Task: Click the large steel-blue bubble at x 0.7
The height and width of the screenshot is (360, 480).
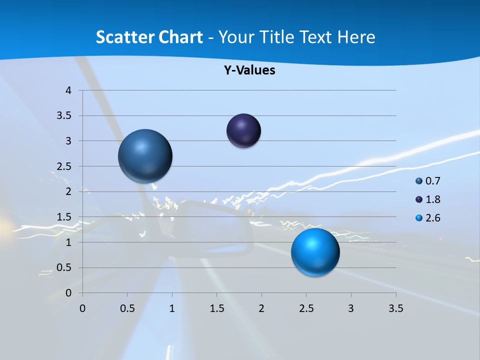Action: (145, 156)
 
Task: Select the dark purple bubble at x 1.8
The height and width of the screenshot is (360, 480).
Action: (243, 131)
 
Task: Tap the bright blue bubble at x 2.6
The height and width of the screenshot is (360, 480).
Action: (315, 252)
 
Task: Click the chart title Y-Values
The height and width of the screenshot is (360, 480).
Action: (249, 70)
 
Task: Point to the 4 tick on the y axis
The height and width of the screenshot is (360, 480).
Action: (68, 90)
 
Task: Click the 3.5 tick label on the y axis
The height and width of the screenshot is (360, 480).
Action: (64, 116)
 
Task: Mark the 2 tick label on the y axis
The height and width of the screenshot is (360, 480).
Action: (68, 191)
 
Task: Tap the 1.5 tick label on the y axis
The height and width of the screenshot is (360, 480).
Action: (64, 217)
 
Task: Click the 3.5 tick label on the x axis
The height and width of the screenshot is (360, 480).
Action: (395, 308)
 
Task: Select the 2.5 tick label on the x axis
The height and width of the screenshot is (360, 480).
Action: (306, 308)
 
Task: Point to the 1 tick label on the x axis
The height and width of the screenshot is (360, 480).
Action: (172, 308)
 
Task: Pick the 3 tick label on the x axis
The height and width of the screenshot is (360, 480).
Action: (351, 308)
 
